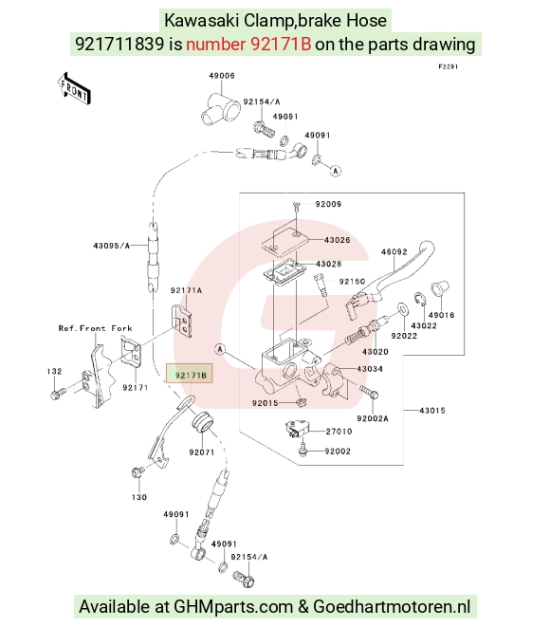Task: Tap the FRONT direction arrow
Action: click(74, 89)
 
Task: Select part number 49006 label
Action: click(222, 76)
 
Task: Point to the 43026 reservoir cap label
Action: click(337, 240)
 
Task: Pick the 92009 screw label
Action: click(328, 204)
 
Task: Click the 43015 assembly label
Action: click(432, 411)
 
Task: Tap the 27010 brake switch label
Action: click(339, 431)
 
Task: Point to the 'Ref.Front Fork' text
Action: click(95, 328)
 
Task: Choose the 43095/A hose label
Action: click(112, 246)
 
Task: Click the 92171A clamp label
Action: click(186, 290)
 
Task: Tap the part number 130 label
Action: click(139, 497)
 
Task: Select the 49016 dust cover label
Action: click(441, 315)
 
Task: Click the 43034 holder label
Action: click(370, 369)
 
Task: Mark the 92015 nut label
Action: click(265, 403)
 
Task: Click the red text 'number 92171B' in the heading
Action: click(248, 44)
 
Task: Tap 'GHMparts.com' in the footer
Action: click(233, 607)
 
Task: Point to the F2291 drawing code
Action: click(449, 66)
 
